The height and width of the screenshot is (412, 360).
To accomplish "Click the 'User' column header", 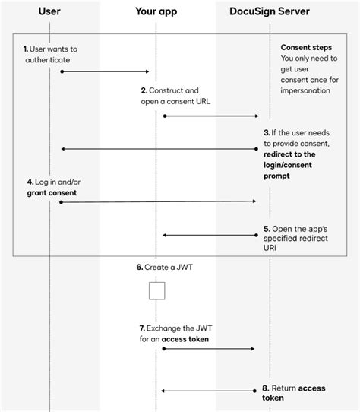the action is point(49,11).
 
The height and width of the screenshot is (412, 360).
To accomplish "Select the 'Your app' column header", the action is point(156,11).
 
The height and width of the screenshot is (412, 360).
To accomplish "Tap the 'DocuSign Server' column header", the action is point(270,11).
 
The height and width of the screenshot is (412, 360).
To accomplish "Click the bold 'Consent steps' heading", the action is point(306,48).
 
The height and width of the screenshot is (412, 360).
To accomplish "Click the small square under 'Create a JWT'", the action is point(156,290).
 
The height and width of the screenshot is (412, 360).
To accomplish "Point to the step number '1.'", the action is point(26,49).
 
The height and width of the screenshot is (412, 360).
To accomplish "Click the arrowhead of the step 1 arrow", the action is point(147,71).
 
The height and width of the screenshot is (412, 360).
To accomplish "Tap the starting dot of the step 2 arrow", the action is point(165,116).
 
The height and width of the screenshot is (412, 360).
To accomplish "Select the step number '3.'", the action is point(267,133).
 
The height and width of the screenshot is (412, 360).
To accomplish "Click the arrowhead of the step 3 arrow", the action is point(63,149).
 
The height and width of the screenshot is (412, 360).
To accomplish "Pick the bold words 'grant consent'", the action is point(52,193).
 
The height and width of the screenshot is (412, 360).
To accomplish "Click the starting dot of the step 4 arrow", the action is point(61,202).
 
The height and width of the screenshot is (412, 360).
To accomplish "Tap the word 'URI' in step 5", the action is point(270,248).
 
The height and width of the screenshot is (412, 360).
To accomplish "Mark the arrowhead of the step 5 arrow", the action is point(164,235).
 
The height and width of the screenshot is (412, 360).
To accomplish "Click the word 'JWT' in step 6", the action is point(185,268).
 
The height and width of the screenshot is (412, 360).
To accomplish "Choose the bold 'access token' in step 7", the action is point(185,339).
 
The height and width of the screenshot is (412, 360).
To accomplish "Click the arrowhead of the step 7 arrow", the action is point(253,349).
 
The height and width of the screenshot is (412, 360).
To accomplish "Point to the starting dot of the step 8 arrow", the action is point(254,391).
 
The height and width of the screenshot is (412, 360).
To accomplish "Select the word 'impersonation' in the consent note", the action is point(305,90).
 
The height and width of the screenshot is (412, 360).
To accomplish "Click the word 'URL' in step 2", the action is point(203,101).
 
